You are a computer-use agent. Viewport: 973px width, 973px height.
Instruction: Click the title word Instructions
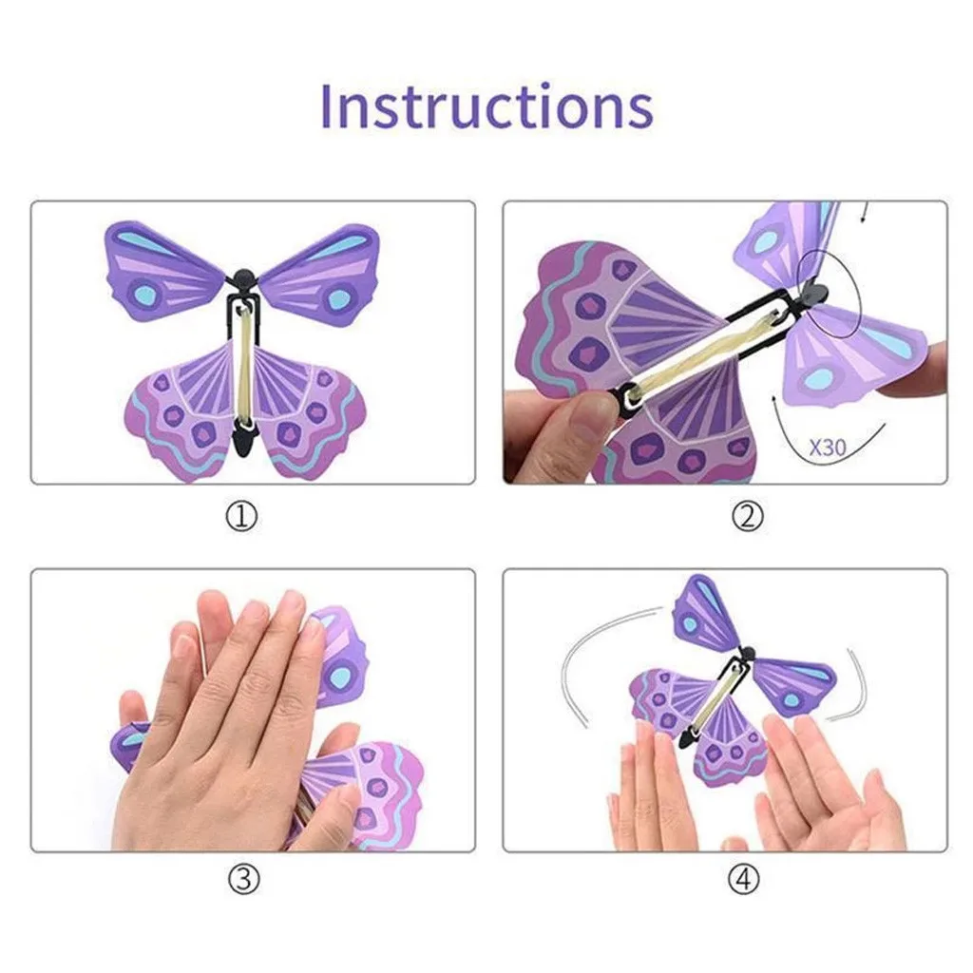point(486,106)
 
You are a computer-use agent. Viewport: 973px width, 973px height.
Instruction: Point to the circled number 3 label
point(243,880)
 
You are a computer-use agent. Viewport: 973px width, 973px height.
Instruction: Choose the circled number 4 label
point(746,880)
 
